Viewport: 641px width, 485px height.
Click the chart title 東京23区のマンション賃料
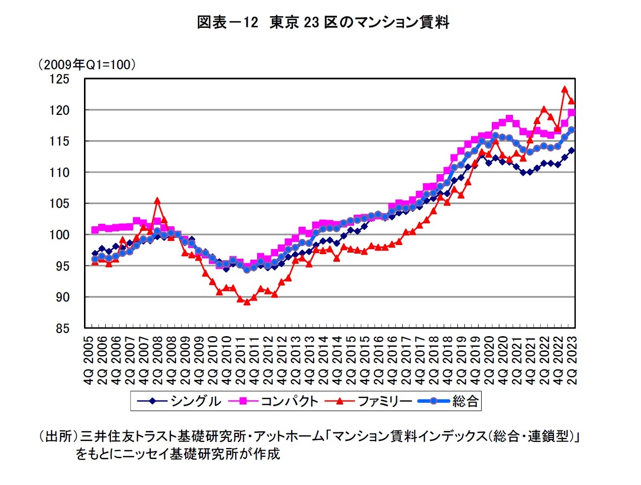click(323, 23)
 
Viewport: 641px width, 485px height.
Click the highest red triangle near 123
click(565, 90)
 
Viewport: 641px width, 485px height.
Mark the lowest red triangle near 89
click(247, 302)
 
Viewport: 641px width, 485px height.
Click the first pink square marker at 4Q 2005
click(95, 230)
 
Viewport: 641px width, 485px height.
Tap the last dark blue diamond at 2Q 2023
click(572, 150)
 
